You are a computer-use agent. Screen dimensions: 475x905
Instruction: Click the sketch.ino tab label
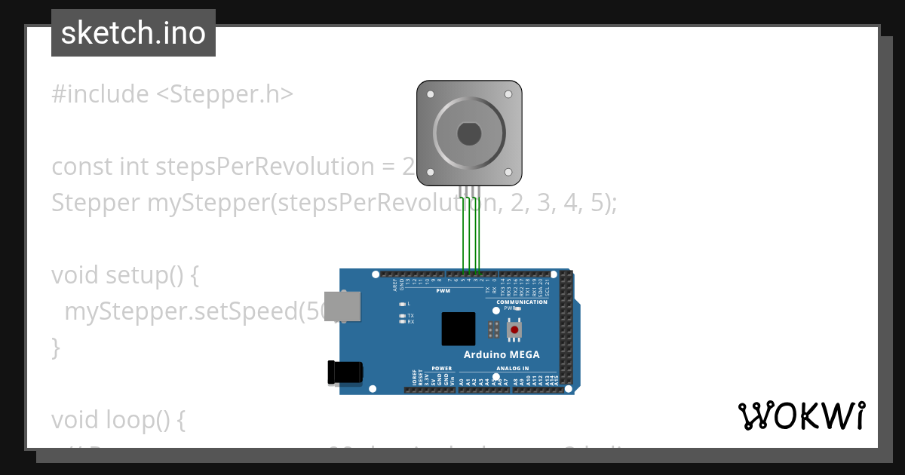133,33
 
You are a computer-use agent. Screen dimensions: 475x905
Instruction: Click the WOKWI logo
801,416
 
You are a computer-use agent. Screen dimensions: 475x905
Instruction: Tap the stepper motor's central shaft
469,134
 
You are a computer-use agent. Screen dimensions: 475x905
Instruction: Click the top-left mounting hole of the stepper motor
430,95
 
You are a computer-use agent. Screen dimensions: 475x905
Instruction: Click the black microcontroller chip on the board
459,329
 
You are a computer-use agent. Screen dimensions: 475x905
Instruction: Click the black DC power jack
345,372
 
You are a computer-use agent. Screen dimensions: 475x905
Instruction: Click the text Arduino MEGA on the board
501,354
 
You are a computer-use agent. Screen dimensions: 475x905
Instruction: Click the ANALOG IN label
512,369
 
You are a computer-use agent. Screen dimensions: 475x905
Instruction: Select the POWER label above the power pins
441,369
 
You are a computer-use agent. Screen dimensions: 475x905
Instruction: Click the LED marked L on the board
402,303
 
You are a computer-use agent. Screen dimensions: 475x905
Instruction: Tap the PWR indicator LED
518,308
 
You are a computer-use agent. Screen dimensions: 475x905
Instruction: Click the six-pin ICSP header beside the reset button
494,329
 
